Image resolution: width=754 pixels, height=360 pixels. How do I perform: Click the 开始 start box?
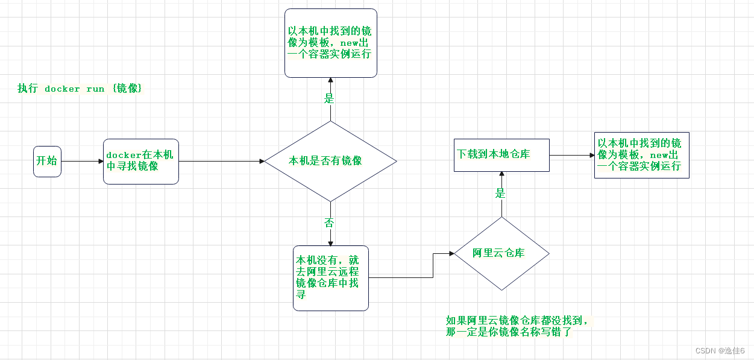click(47, 161)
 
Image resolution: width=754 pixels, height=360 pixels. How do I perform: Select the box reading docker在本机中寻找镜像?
click(140, 161)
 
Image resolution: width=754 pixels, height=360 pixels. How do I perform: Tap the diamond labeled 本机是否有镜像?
click(330, 161)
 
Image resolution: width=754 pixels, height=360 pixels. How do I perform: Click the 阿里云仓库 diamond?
click(501, 253)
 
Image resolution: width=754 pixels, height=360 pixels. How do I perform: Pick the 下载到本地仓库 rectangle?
click(501, 155)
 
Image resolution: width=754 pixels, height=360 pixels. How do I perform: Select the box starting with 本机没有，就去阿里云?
click(330, 277)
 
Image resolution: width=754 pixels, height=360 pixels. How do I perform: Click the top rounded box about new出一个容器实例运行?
click(330, 43)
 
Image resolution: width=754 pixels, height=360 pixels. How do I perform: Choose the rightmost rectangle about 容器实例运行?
click(641, 155)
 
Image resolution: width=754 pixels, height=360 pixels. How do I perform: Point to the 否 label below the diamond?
click(329, 223)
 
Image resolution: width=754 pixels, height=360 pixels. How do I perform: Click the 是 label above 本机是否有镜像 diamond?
click(329, 98)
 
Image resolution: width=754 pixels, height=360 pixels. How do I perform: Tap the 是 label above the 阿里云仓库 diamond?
click(500, 194)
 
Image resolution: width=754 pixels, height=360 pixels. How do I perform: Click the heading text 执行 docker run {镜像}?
click(80, 89)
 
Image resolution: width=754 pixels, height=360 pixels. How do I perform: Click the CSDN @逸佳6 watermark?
click(720, 351)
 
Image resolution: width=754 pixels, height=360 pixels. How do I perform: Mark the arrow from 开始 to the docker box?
click(82, 161)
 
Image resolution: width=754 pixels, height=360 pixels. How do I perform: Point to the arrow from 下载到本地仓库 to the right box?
click(571, 155)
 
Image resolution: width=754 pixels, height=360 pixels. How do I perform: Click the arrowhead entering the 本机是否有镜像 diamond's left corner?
click(262, 161)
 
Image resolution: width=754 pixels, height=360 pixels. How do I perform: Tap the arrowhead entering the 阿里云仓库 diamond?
click(451, 254)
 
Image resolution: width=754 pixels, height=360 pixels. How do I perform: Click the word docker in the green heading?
click(62, 89)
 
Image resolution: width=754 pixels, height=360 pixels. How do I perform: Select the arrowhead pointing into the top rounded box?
click(330, 81)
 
